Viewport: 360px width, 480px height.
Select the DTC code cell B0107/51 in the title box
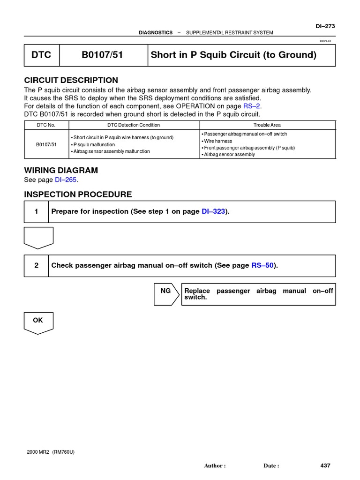(102, 55)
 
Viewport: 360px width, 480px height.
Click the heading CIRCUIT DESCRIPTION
(71, 80)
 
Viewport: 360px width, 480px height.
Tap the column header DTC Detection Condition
(134, 125)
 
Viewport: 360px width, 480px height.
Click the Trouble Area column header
(267, 125)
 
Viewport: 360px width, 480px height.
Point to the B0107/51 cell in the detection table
(46, 144)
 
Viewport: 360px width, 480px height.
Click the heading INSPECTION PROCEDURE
(78, 195)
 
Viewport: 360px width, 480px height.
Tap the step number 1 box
(36, 212)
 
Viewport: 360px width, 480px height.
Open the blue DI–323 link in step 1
(213, 212)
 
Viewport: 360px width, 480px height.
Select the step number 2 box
(36, 266)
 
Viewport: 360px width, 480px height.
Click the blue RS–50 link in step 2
(262, 266)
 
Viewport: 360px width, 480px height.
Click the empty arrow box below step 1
(38, 237)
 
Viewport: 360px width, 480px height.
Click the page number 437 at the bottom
(325, 465)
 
